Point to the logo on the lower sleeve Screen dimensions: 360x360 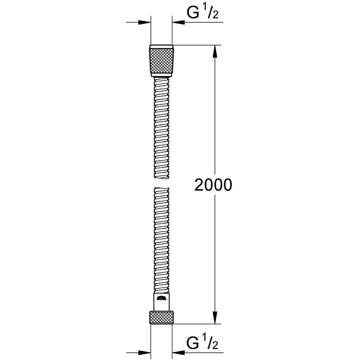pyautogui.click(x=162, y=298)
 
